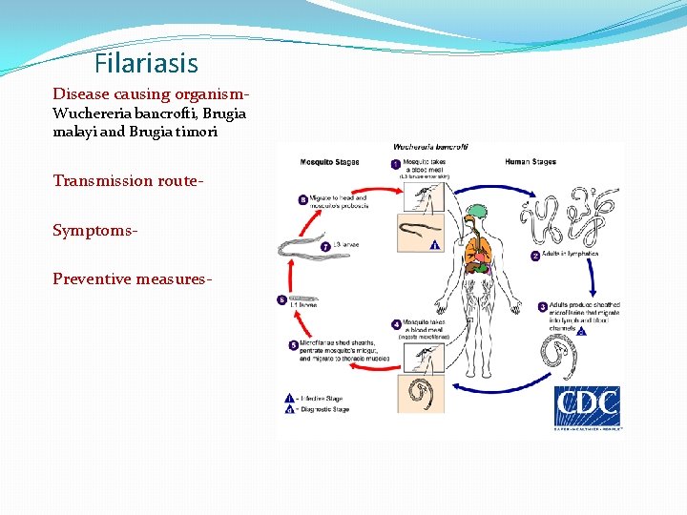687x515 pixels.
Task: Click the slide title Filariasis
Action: [x=146, y=64]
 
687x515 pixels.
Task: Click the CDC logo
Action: [x=586, y=407]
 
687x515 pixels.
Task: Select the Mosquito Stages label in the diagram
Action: [x=328, y=162]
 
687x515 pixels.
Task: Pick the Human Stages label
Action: [x=531, y=162]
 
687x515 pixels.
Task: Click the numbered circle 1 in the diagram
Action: [x=397, y=164]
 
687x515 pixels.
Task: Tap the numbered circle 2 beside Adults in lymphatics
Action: [x=535, y=255]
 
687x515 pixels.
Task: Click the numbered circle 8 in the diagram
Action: [x=303, y=201]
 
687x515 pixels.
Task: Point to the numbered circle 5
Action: [x=294, y=344]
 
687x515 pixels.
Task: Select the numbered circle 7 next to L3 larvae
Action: [x=325, y=246]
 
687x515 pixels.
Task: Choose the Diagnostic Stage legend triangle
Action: [x=290, y=409]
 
